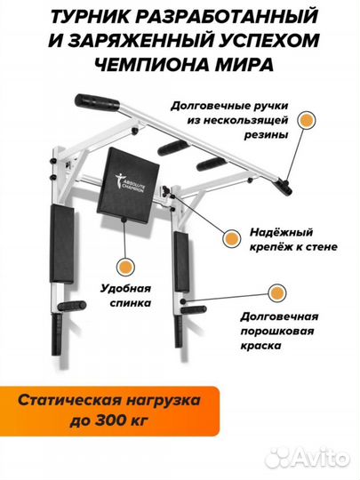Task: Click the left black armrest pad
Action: (62, 238)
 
